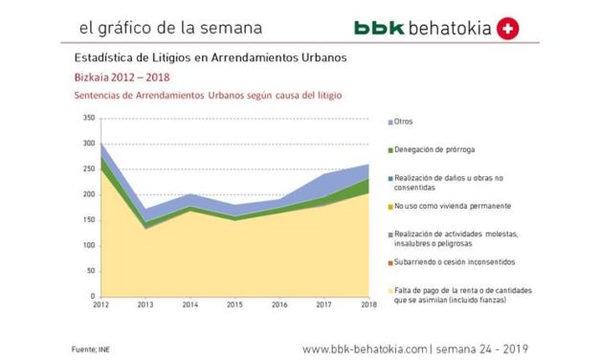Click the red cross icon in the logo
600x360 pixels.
[510, 29]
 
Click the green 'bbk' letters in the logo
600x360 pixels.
[377, 29]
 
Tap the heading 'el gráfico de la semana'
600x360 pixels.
[157, 28]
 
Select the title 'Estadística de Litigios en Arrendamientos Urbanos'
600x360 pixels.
[210, 57]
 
